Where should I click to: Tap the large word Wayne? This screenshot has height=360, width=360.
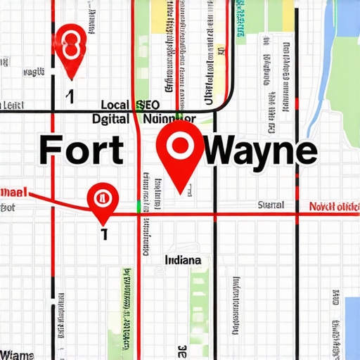259,150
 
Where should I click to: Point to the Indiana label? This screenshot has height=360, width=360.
183,260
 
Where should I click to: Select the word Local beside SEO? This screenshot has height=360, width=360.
115,105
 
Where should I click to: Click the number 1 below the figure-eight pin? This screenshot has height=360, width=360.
70,96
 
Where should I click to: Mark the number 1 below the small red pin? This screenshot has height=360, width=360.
104,234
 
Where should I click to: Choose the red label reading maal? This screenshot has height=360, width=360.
14,191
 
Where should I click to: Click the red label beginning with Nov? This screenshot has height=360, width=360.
334,207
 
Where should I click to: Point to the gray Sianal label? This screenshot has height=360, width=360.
271,205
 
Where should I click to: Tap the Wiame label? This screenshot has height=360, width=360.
17,353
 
